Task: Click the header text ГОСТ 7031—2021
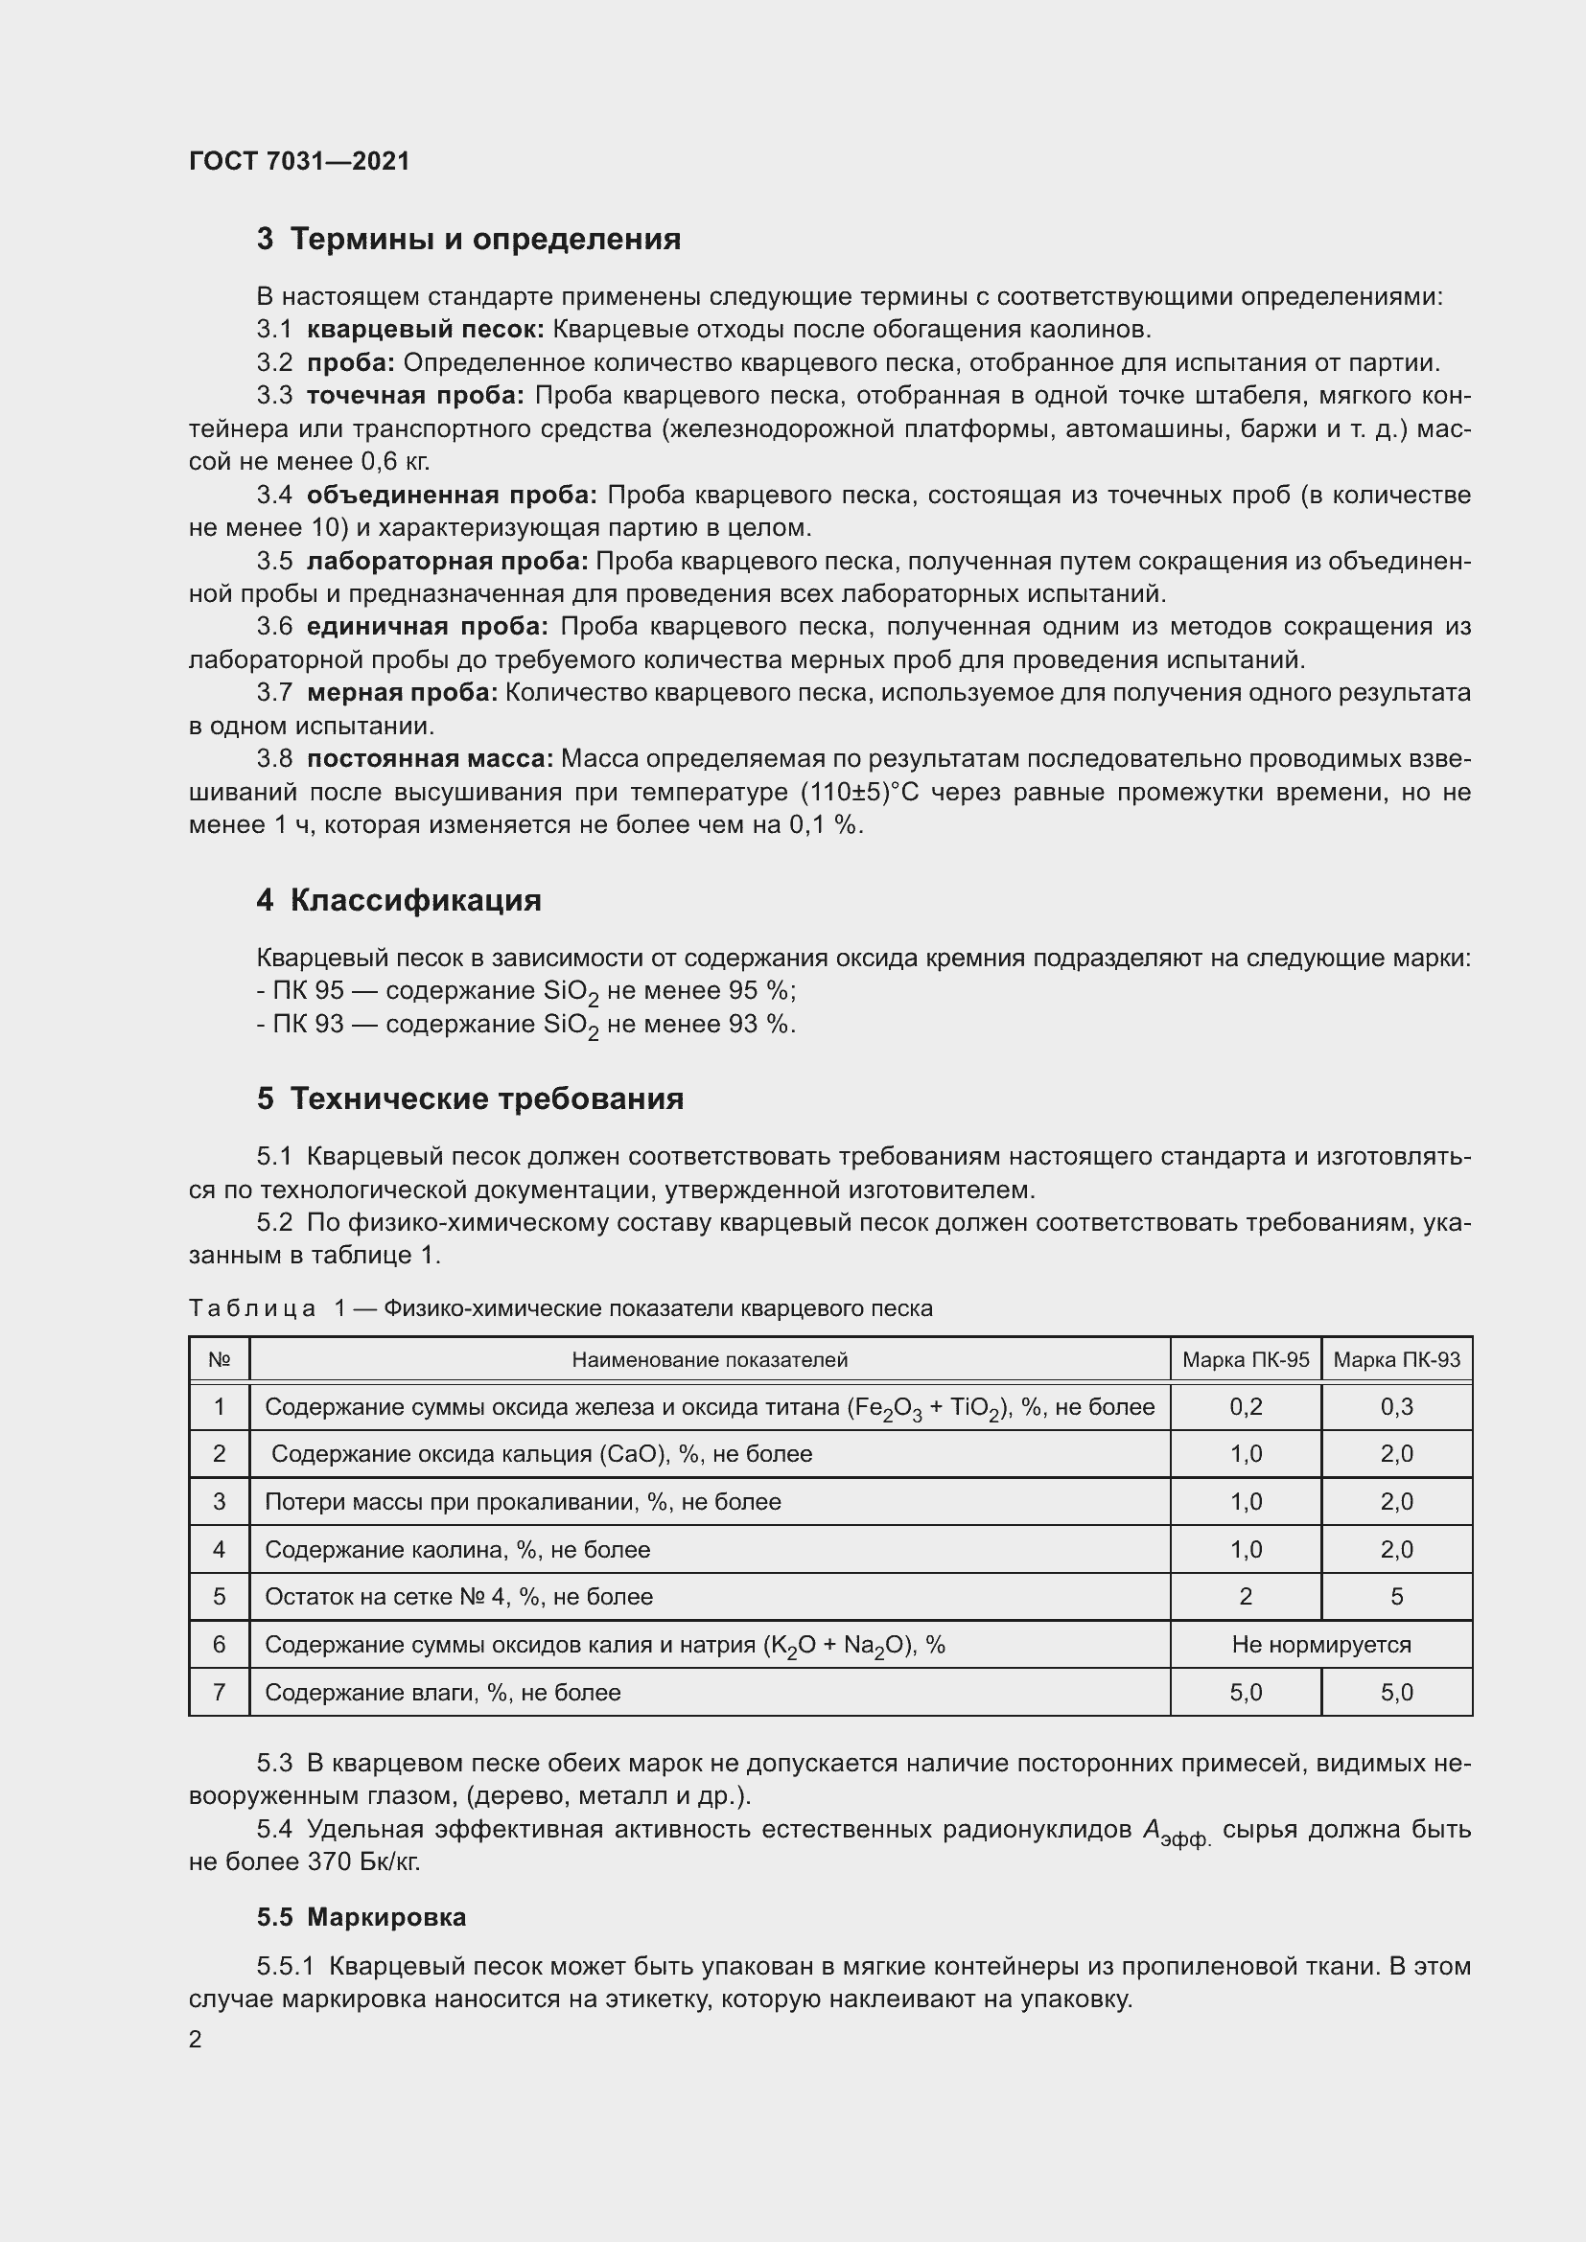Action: (x=299, y=161)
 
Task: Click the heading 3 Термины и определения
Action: (x=469, y=240)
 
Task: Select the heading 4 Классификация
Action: (x=399, y=900)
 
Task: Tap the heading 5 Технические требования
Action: (x=470, y=1099)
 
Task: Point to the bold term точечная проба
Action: (x=415, y=396)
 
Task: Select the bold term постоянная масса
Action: (x=430, y=759)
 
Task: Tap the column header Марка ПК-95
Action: (x=1246, y=1360)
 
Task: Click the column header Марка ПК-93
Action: (x=1396, y=1360)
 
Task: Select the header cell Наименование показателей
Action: (x=710, y=1360)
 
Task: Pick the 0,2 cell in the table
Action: (x=1246, y=1407)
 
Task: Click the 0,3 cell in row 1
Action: (x=1396, y=1407)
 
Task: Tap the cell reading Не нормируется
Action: (x=1320, y=1645)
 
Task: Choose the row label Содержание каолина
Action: (x=456, y=1550)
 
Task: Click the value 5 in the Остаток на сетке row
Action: (x=1396, y=1597)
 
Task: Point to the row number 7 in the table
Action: (x=219, y=1692)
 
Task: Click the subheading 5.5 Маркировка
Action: (x=362, y=1918)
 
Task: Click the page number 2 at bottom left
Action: (x=196, y=2040)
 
